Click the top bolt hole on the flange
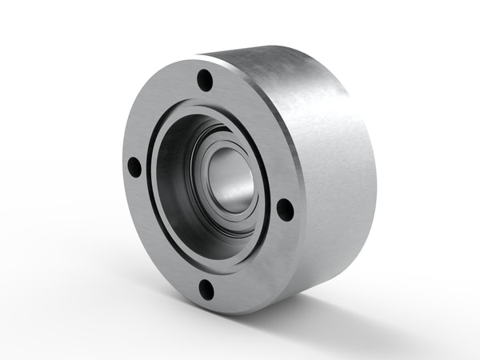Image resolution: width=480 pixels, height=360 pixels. [206, 80]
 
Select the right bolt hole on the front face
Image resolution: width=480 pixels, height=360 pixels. [285, 209]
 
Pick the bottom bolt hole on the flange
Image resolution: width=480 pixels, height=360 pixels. [207, 289]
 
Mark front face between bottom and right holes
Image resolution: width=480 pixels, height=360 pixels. [256, 264]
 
